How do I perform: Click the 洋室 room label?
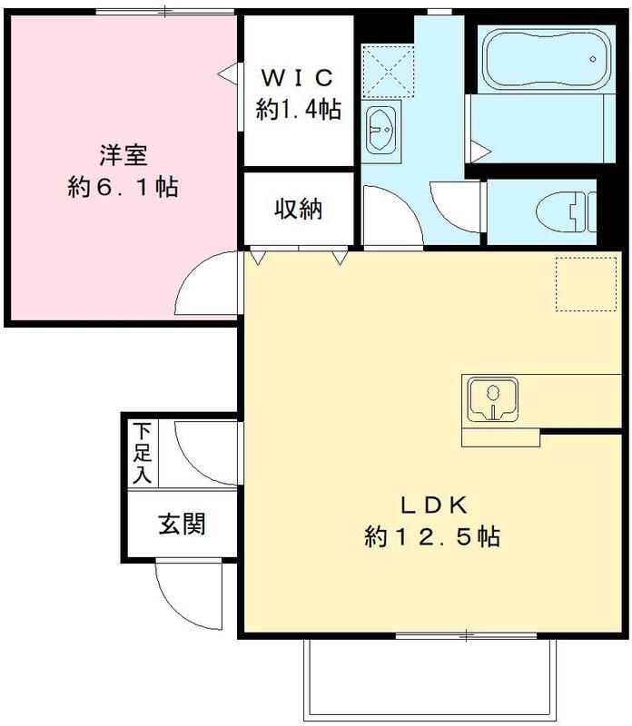123,154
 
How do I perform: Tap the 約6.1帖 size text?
123,188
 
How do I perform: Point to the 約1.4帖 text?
298,111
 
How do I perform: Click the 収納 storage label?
298,210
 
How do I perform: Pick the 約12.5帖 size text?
432,536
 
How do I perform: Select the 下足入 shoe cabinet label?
142,452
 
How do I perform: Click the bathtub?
543,61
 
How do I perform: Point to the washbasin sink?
382,130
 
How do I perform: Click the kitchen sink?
491,400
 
